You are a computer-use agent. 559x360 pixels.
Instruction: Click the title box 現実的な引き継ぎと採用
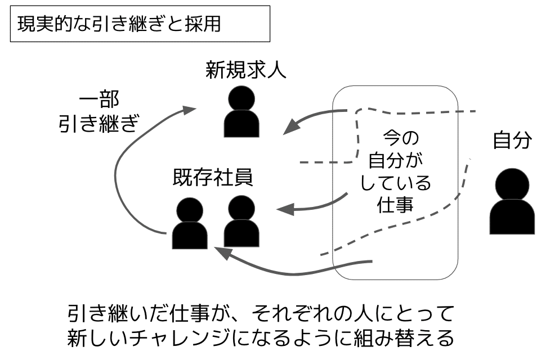[x=140, y=25]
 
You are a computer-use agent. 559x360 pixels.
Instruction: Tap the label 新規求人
[x=246, y=71]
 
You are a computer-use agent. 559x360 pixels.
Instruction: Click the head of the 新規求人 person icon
[x=242, y=99]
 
